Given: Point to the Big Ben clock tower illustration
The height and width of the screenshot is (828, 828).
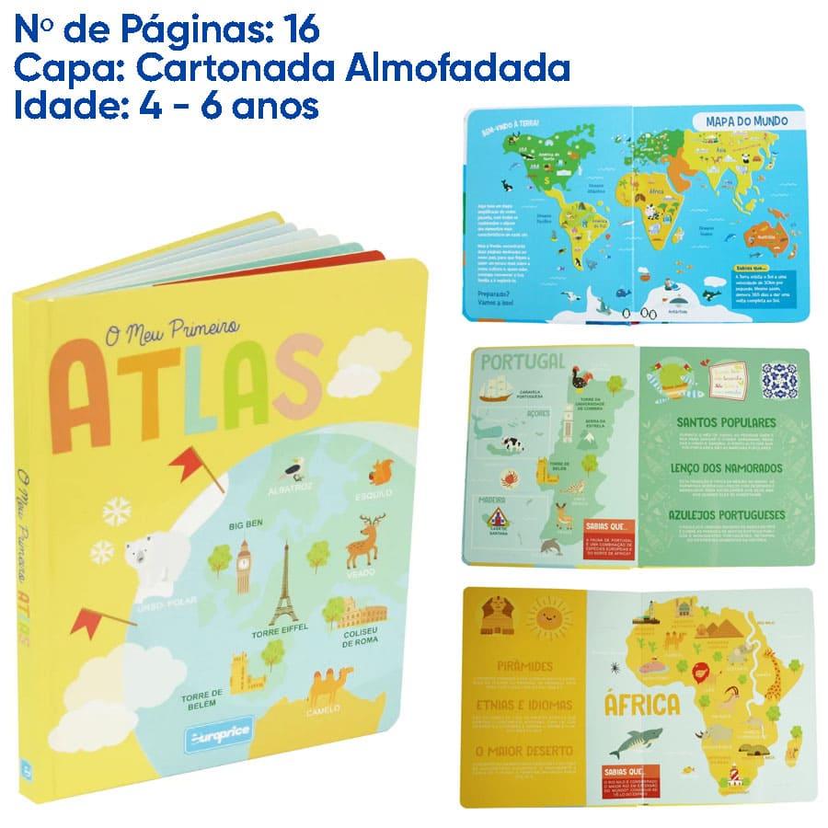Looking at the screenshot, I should pos(244,565).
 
